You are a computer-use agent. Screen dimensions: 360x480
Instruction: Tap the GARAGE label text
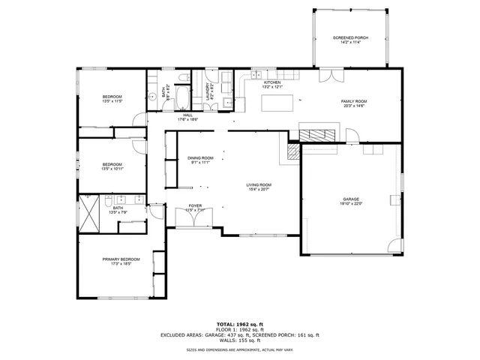[351, 199]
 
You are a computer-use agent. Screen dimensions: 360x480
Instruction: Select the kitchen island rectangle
[275, 103]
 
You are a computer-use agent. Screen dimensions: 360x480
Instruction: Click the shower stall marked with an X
[91, 211]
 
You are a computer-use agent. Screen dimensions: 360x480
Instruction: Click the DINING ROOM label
[201, 158]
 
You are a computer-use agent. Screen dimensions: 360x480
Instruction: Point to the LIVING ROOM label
[259, 184]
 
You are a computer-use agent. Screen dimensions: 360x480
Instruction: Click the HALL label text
[187, 115]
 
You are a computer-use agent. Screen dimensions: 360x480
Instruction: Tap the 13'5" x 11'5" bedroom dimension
[112, 101]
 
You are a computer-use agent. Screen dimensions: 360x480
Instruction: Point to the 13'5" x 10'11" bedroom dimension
[112, 169]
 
